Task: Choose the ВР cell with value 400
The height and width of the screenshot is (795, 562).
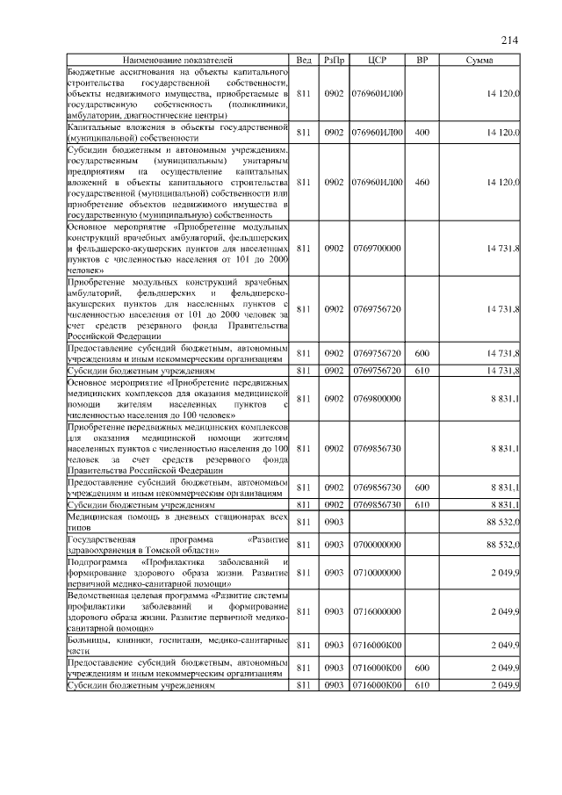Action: point(421,132)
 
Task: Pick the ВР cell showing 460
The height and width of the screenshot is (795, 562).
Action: point(421,182)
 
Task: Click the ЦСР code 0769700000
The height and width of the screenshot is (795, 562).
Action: point(376,249)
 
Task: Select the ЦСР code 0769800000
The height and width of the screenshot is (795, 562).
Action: point(376,399)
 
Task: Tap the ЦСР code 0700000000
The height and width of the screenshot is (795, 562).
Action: point(376,545)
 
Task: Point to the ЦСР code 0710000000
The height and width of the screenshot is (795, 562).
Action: point(376,572)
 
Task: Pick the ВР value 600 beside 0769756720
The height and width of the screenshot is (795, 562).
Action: point(421,353)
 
